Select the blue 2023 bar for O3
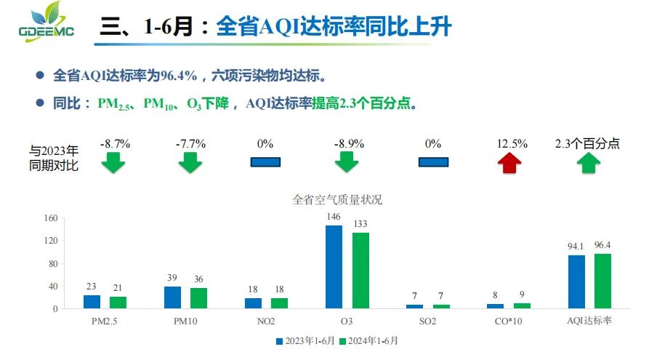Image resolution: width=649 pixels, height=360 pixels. pyautogui.click(x=334, y=267)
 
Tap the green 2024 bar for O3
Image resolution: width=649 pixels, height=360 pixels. pyautogui.click(x=360, y=271)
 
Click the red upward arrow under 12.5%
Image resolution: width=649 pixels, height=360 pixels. pyautogui.click(x=511, y=163)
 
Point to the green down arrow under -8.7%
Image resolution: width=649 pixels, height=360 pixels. pyautogui.click(x=113, y=163)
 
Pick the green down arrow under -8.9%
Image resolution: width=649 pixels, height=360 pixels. pyautogui.click(x=347, y=163)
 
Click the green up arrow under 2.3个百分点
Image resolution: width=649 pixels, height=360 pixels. pyautogui.click(x=589, y=163)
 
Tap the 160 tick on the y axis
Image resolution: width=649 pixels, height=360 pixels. pyautogui.click(x=51, y=218)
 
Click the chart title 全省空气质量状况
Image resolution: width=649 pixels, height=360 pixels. pyautogui.click(x=336, y=199)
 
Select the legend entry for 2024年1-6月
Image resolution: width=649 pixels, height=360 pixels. pyautogui.click(x=373, y=340)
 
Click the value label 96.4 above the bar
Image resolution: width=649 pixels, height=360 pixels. pyautogui.click(x=602, y=245)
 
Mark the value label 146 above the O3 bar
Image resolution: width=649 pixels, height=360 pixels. pyautogui.click(x=334, y=217)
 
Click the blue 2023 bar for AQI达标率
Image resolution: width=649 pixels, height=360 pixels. pyautogui.click(x=576, y=282)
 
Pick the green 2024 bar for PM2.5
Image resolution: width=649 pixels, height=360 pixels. pyautogui.click(x=118, y=303)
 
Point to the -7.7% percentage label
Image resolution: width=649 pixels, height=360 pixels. pyautogui.click(x=190, y=144)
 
